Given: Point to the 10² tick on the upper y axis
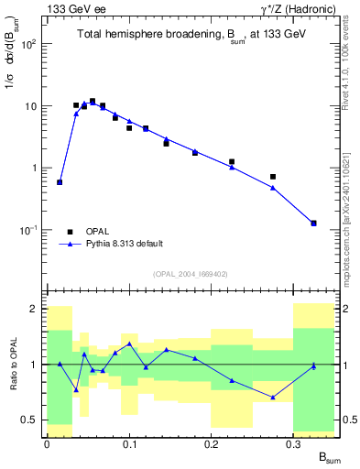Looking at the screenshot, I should pyautogui.click(x=32, y=44).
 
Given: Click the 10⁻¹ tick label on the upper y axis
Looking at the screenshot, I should pyautogui.click(x=30, y=230).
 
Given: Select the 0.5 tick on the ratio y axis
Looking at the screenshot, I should pyautogui.click(x=32, y=420).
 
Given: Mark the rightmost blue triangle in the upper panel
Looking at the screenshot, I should pyautogui.click(x=314, y=223).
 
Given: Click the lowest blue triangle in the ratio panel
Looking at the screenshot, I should pyautogui.click(x=273, y=397).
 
